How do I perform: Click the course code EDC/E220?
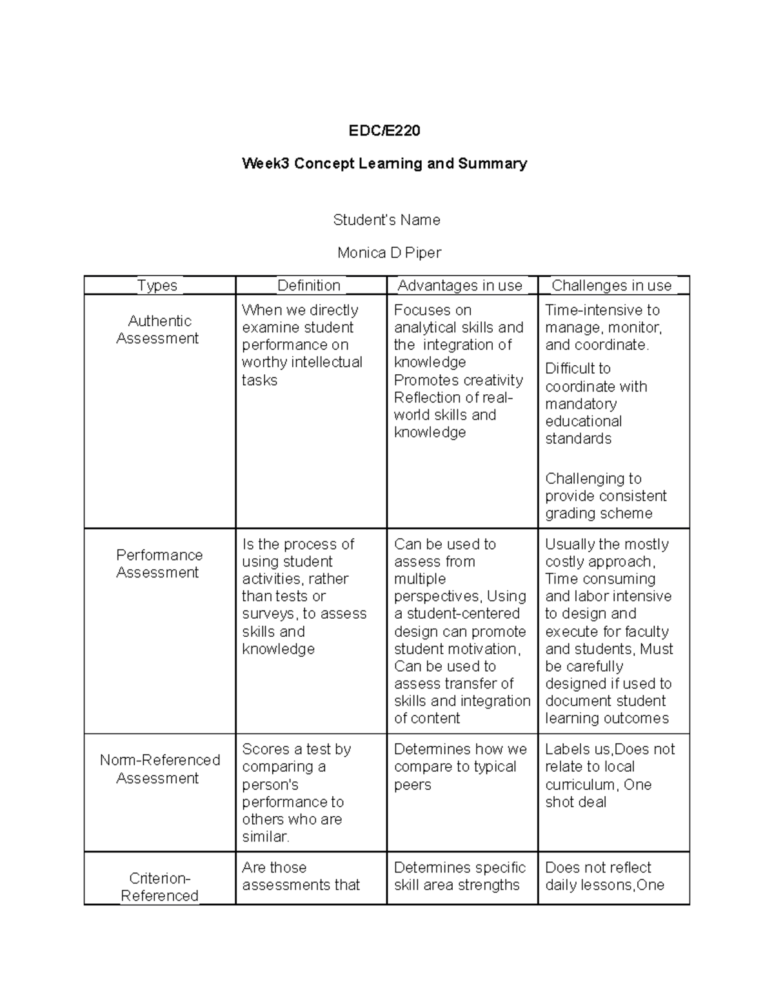[x=384, y=131]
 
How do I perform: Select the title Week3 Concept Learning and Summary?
[x=384, y=164]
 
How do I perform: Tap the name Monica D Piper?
[x=389, y=253]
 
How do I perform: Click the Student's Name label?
[x=386, y=220]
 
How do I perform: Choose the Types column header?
[x=157, y=286]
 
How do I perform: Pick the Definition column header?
[x=308, y=286]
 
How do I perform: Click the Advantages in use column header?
[x=460, y=286]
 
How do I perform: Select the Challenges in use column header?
[x=611, y=286]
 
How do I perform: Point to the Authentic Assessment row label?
[x=159, y=330]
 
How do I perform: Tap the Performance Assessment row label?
[x=159, y=564]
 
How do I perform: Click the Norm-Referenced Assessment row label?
[x=159, y=769]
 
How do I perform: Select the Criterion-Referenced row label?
[x=159, y=887]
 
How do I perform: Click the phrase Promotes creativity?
[x=458, y=380]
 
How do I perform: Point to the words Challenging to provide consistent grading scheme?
[x=605, y=496]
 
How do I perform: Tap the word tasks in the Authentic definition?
[x=259, y=381]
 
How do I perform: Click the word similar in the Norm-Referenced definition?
[x=265, y=837]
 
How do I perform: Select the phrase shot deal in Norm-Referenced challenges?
[x=575, y=802]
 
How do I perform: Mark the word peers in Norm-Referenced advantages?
[x=412, y=785]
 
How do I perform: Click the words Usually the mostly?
[x=606, y=545]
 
